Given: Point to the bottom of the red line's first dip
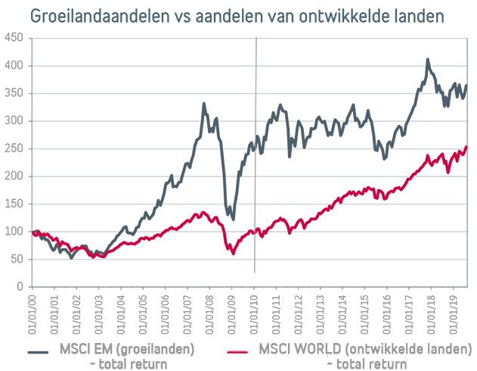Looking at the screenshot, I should click(95, 256).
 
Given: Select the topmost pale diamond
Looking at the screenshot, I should click(256, 53).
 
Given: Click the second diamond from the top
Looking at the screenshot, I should click(256, 78).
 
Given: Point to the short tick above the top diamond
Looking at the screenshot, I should click(256, 33).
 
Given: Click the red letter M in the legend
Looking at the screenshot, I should click(264, 350).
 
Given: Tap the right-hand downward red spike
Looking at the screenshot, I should click(290, 238).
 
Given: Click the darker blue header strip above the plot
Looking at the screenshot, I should click(242, 18).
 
